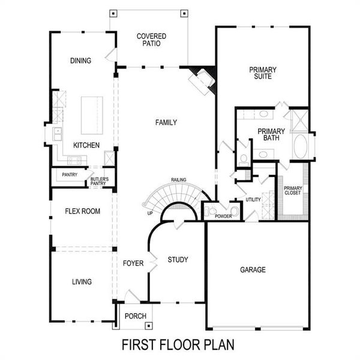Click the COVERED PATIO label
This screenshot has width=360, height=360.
151,40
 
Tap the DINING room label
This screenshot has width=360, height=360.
80,61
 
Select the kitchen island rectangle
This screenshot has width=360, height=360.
92,115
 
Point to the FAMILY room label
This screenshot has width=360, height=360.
166,122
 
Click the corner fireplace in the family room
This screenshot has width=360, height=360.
202,79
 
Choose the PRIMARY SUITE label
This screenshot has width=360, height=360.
261,73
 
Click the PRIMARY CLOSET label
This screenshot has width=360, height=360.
293,191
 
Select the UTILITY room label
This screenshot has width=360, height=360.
253,199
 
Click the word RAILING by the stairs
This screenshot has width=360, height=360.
178,179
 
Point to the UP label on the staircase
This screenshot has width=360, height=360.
149,213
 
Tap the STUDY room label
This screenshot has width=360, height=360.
178,260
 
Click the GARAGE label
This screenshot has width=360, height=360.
253,270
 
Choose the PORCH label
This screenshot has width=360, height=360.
131,316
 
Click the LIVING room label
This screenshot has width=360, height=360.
82,282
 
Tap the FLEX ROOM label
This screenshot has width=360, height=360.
83,211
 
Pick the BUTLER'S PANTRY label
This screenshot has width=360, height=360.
100,181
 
